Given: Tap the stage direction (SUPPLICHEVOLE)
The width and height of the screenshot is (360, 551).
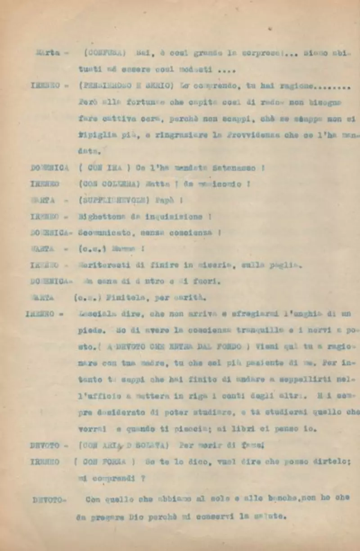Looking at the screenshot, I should click(x=114, y=200).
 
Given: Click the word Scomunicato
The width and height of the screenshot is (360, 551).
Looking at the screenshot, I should click(x=105, y=233).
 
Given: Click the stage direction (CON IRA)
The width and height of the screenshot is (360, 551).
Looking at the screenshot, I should click(x=103, y=168).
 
